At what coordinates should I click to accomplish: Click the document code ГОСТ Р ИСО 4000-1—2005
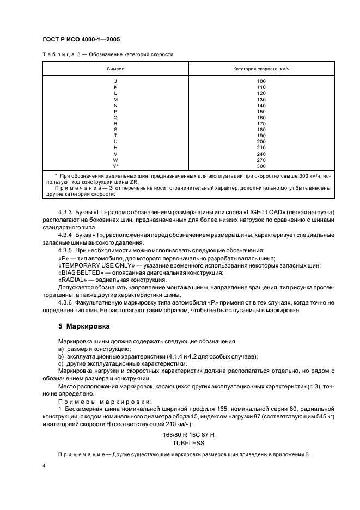pos(81,40)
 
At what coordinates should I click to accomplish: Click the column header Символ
pos(115,69)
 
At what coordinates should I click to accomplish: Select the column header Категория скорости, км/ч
pos(261,69)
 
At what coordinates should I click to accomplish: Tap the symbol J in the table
pos(115,81)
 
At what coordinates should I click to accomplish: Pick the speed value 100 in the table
pos(261,81)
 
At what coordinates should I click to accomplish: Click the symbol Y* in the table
pos(115,166)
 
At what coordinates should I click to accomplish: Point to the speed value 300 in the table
pos(261,166)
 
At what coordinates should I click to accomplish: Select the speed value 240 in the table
pos(261,154)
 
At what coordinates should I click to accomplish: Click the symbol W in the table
pos(115,160)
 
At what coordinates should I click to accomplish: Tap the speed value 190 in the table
pos(261,136)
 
